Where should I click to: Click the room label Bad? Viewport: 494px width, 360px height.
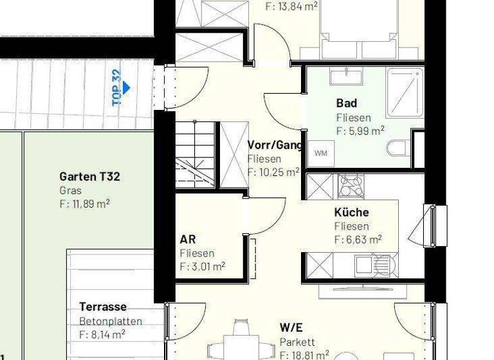pyautogui.click(x=346, y=103)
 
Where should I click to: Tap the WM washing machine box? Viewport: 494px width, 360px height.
pyautogui.click(x=320, y=153)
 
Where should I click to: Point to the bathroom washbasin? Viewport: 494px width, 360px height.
pyautogui.click(x=346, y=76)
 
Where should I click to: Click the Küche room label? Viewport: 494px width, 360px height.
pyautogui.click(x=351, y=212)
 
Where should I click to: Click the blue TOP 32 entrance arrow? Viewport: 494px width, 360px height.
pyautogui.click(x=127, y=87)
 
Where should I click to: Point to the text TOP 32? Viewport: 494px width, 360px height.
pyautogui.click(x=116, y=87)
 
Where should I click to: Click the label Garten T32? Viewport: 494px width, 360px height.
pyautogui.click(x=89, y=177)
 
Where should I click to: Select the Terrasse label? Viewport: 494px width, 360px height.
pyautogui.click(x=103, y=307)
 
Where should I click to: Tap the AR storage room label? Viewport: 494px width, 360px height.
pyautogui.click(x=188, y=240)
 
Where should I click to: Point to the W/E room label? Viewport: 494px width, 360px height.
pyautogui.click(x=291, y=328)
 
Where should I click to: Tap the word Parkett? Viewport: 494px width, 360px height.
pyautogui.click(x=297, y=342)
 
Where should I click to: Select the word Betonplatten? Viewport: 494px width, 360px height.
pyautogui.click(x=111, y=321)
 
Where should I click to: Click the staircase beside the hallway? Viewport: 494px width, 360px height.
pyautogui.click(x=195, y=154)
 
